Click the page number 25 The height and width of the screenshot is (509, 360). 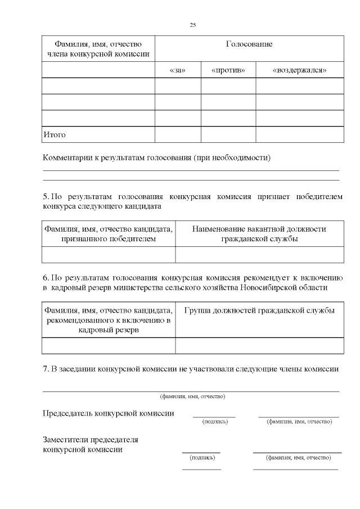pos(193,25)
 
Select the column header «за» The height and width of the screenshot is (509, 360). pos(177,70)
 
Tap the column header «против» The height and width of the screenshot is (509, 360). pos(228,70)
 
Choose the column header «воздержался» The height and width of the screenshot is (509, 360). pos(299,70)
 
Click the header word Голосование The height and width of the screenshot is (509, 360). pos(249,44)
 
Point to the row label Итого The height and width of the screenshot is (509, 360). pos(55,135)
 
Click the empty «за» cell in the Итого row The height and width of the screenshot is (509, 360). pos(177,135)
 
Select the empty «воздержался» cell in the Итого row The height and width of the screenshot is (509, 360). pos(299,135)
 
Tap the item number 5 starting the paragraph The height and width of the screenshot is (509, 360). pos(45,197)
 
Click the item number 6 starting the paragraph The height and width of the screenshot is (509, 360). pos(45,278)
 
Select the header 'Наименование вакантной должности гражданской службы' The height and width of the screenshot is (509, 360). pos(259,234)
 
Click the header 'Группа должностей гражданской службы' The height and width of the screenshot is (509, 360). pos(259,310)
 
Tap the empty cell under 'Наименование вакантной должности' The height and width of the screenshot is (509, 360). pos(259,255)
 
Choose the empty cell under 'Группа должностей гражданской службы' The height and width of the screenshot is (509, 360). pos(259,345)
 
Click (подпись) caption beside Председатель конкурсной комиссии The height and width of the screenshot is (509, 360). pos(214,421)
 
